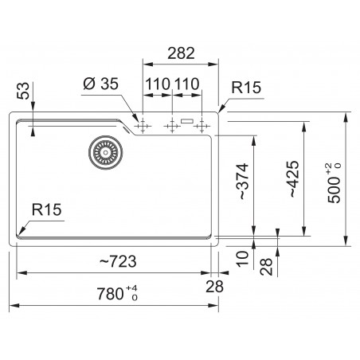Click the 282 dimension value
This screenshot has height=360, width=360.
181,53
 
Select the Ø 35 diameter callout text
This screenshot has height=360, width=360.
101,84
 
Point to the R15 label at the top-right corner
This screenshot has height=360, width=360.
246,88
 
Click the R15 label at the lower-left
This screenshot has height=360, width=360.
46,209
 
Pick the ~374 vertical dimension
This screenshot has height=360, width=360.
244,182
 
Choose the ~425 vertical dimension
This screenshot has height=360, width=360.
294,179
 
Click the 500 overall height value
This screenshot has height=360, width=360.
334,190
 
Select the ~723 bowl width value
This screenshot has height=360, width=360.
118,261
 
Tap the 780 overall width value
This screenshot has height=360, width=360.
110,294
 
